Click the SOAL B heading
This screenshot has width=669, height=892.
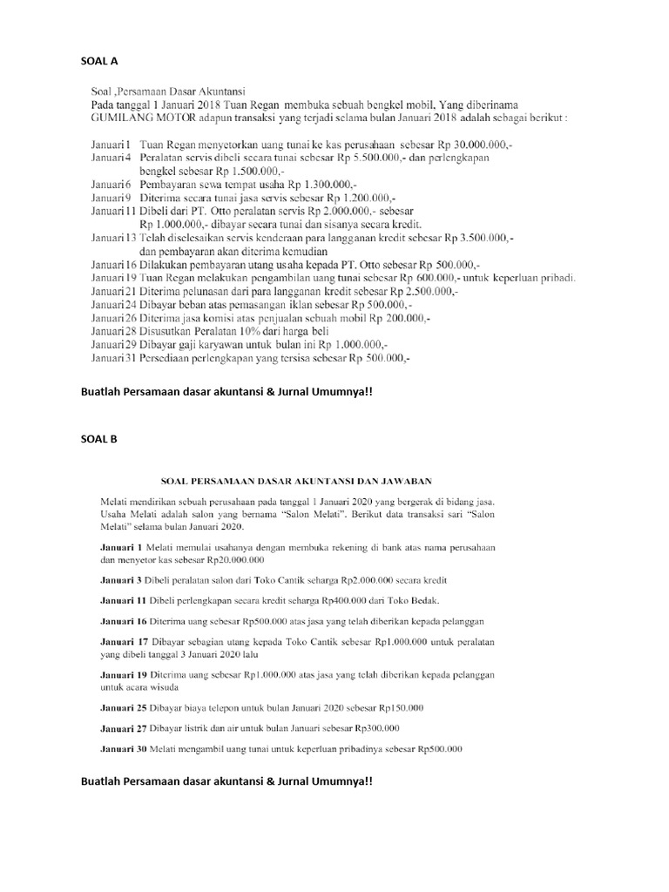click(98, 439)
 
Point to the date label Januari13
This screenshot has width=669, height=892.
click(113, 237)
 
